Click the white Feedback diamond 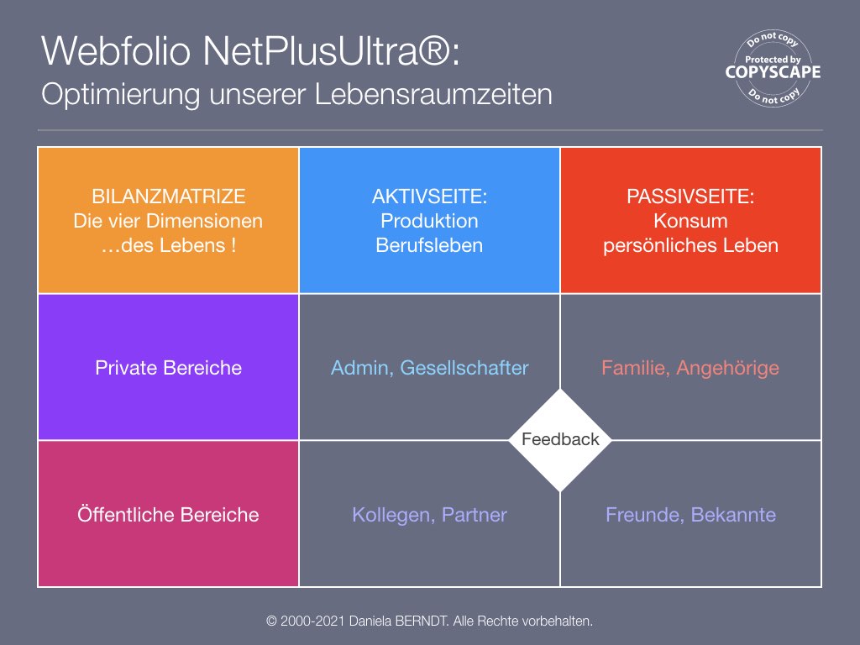pos(560,439)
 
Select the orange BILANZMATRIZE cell pos(168,220)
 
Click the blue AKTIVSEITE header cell pos(429,220)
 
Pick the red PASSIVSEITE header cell pos(690,220)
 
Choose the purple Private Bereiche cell pos(168,367)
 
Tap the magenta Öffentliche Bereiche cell pos(168,514)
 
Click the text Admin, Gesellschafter pos(429,368)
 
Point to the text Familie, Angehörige pos(690,368)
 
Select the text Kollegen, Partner pos(429,515)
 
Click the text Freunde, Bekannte pos(690,515)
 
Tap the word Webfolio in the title pos(117,51)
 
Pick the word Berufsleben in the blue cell pos(429,245)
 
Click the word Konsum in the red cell pos(690,221)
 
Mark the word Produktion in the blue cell pos(429,221)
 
